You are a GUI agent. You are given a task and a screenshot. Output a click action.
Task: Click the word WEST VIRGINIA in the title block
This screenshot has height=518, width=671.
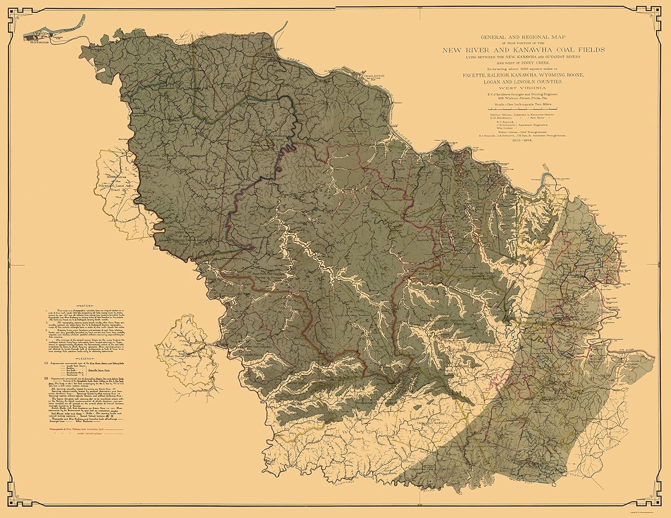click(523, 88)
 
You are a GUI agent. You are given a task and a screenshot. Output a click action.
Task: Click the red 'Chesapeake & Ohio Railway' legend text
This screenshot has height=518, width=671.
click(81, 429)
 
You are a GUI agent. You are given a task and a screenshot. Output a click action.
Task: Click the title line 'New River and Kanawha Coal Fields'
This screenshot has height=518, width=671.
click(523, 50)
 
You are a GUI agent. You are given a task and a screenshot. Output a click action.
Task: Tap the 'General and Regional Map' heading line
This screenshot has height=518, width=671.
click(523, 38)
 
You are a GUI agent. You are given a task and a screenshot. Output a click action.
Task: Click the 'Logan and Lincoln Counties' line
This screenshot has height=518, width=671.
click(523, 82)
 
